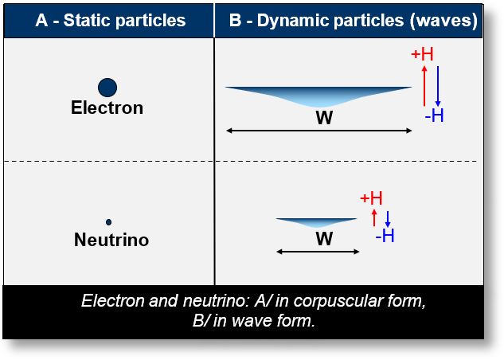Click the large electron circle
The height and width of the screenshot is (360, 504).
tap(107, 88)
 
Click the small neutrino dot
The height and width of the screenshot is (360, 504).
tap(108, 222)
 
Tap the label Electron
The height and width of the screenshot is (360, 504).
tap(107, 108)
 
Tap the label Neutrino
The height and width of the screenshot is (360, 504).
tap(111, 240)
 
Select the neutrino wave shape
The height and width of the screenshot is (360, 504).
tap(317, 222)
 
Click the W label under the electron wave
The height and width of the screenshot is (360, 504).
tap(323, 117)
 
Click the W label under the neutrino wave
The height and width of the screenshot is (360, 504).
tap(323, 238)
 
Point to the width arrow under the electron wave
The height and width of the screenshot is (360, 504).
tap(318, 130)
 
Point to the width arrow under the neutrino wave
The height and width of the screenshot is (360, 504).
tap(317, 252)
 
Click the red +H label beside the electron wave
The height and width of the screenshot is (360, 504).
tap(422, 54)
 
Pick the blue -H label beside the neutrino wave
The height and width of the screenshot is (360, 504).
tap(385, 236)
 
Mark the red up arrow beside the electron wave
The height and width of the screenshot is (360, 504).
tap(424, 85)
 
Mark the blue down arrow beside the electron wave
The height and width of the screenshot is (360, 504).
tap(438, 85)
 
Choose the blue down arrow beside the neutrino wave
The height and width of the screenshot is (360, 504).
tap(388, 218)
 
